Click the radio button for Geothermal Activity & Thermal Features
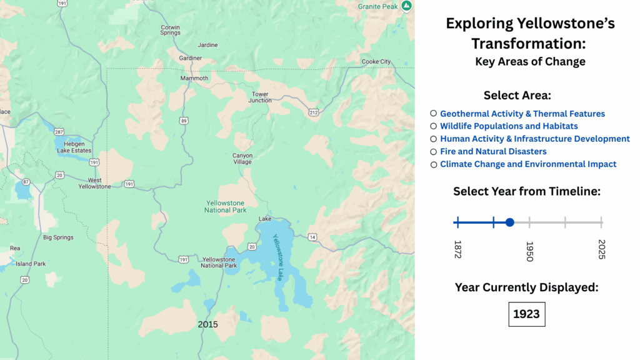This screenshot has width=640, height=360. pyautogui.click(x=434, y=114)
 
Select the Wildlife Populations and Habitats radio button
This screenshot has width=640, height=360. pyautogui.click(x=434, y=126)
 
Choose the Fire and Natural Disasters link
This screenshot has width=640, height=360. pyautogui.click(x=493, y=151)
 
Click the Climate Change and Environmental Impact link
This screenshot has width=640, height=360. pyautogui.click(x=528, y=164)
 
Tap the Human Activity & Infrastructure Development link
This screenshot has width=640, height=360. pyautogui.click(x=535, y=139)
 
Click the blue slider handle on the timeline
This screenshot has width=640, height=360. pyautogui.click(x=510, y=222)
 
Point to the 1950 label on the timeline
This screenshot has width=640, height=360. pyautogui.click(x=529, y=251)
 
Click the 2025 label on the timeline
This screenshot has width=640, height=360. pyautogui.click(x=602, y=249)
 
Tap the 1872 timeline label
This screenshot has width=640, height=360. pyautogui.click(x=457, y=249)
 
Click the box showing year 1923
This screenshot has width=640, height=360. pyautogui.click(x=526, y=314)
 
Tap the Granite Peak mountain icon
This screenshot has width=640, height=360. pyautogui.click(x=406, y=6)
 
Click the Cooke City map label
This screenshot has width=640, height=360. pyautogui.click(x=376, y=62)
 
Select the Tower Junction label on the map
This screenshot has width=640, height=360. pyautogui.click(x=260, y=97)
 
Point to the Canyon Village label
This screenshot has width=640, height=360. pyautogui.click(x=242, y=159)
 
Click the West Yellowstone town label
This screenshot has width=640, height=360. pyautogui.click(x=95, y=183)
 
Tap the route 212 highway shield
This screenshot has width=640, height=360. pyautogui.click(x=314, y=112)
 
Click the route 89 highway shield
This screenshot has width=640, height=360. pyautogui.click(x=184, y=121)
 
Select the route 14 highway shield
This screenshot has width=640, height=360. pyautogui.click(x=312, y=237)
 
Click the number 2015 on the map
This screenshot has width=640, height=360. pyautogui.click(x=207, y=324)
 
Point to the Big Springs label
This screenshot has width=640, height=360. pyautogui.click(x=58, y=237)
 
